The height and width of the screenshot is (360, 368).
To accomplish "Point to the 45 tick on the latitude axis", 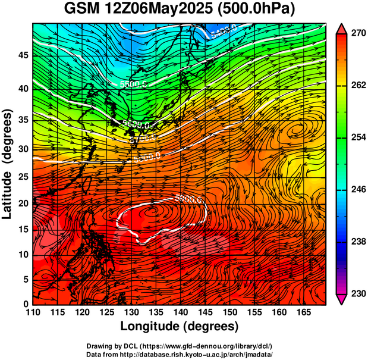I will (24, 55).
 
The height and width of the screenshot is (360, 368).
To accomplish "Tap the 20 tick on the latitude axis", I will (24, 204).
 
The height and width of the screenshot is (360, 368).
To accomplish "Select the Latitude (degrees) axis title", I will (8, 164).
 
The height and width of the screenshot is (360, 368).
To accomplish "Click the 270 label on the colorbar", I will (357, 35).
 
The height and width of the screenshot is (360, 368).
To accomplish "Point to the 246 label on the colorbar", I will (357, 190).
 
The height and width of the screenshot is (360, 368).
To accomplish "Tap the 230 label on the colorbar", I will (357, 293).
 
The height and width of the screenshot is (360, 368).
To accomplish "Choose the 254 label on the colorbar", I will (357, 138).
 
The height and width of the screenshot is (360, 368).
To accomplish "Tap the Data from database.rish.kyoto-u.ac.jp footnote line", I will (179, 354).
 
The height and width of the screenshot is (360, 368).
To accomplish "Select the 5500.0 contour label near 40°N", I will (133, 84).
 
